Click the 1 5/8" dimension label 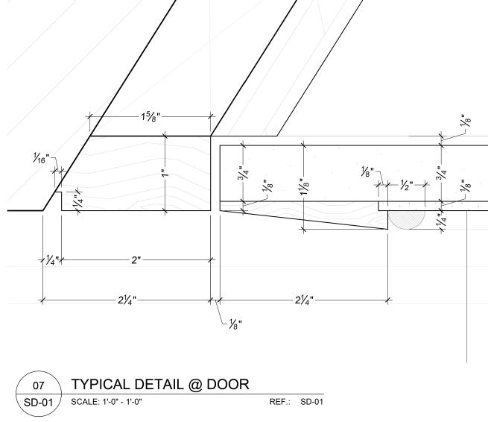click(x=152, y=116)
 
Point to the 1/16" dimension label click(x=40, y=160)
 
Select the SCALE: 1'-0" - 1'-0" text click(x=107, y=403)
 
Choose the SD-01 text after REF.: click(x=311, y=403)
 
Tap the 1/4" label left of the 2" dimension click(x=50, y=260)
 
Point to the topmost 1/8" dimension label click(x=466, y=120)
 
